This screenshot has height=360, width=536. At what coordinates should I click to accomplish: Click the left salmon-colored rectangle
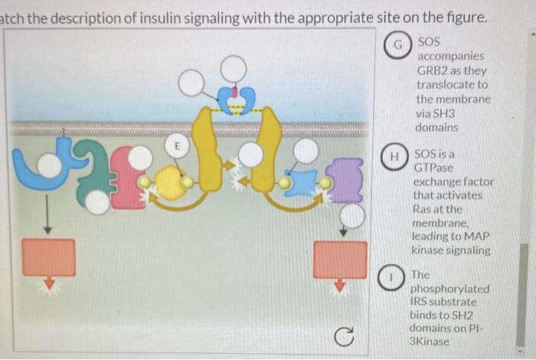(48, 257)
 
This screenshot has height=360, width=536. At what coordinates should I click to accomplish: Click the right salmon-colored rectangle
(340, 259)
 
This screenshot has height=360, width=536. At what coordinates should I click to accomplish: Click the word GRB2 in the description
(433, 70)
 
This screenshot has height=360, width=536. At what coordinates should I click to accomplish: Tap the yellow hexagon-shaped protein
(171, 184)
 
